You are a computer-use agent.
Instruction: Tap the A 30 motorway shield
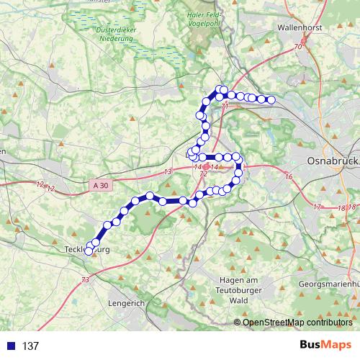coord(102,185)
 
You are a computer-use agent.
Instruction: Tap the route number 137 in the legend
coord(30,346)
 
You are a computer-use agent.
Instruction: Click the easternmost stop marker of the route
coord(271,100)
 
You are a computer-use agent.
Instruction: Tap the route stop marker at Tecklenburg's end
coord(90,251)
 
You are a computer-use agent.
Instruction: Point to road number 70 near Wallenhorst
coord(297,48)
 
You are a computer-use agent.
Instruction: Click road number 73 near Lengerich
coord(86,280)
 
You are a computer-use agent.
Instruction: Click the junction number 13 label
coord(168,171)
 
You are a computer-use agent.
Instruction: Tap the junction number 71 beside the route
coord(225,107)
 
